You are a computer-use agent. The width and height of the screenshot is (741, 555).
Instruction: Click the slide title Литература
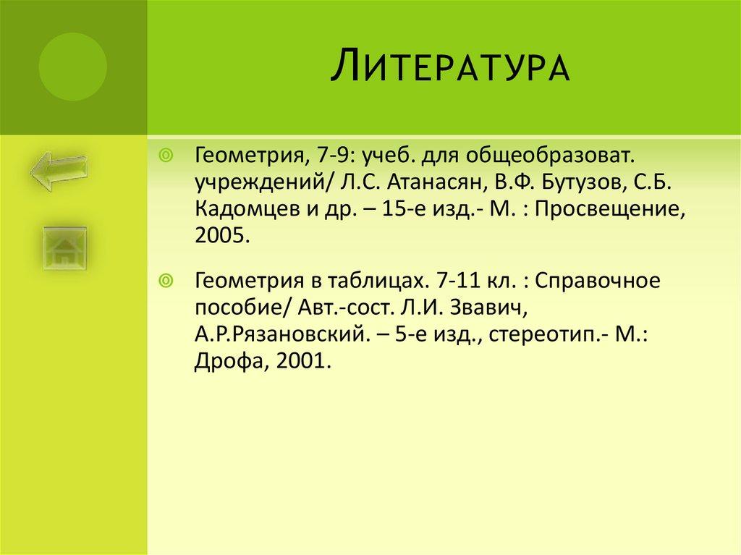point(450,67)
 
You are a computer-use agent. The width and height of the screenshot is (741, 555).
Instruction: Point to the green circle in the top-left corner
point(72,67)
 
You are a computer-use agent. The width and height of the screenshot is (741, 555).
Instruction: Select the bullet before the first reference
point(166,156)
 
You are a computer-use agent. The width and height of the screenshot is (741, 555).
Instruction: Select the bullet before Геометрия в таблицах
point(166,281)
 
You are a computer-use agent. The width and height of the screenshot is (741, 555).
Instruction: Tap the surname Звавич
point(483,308)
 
